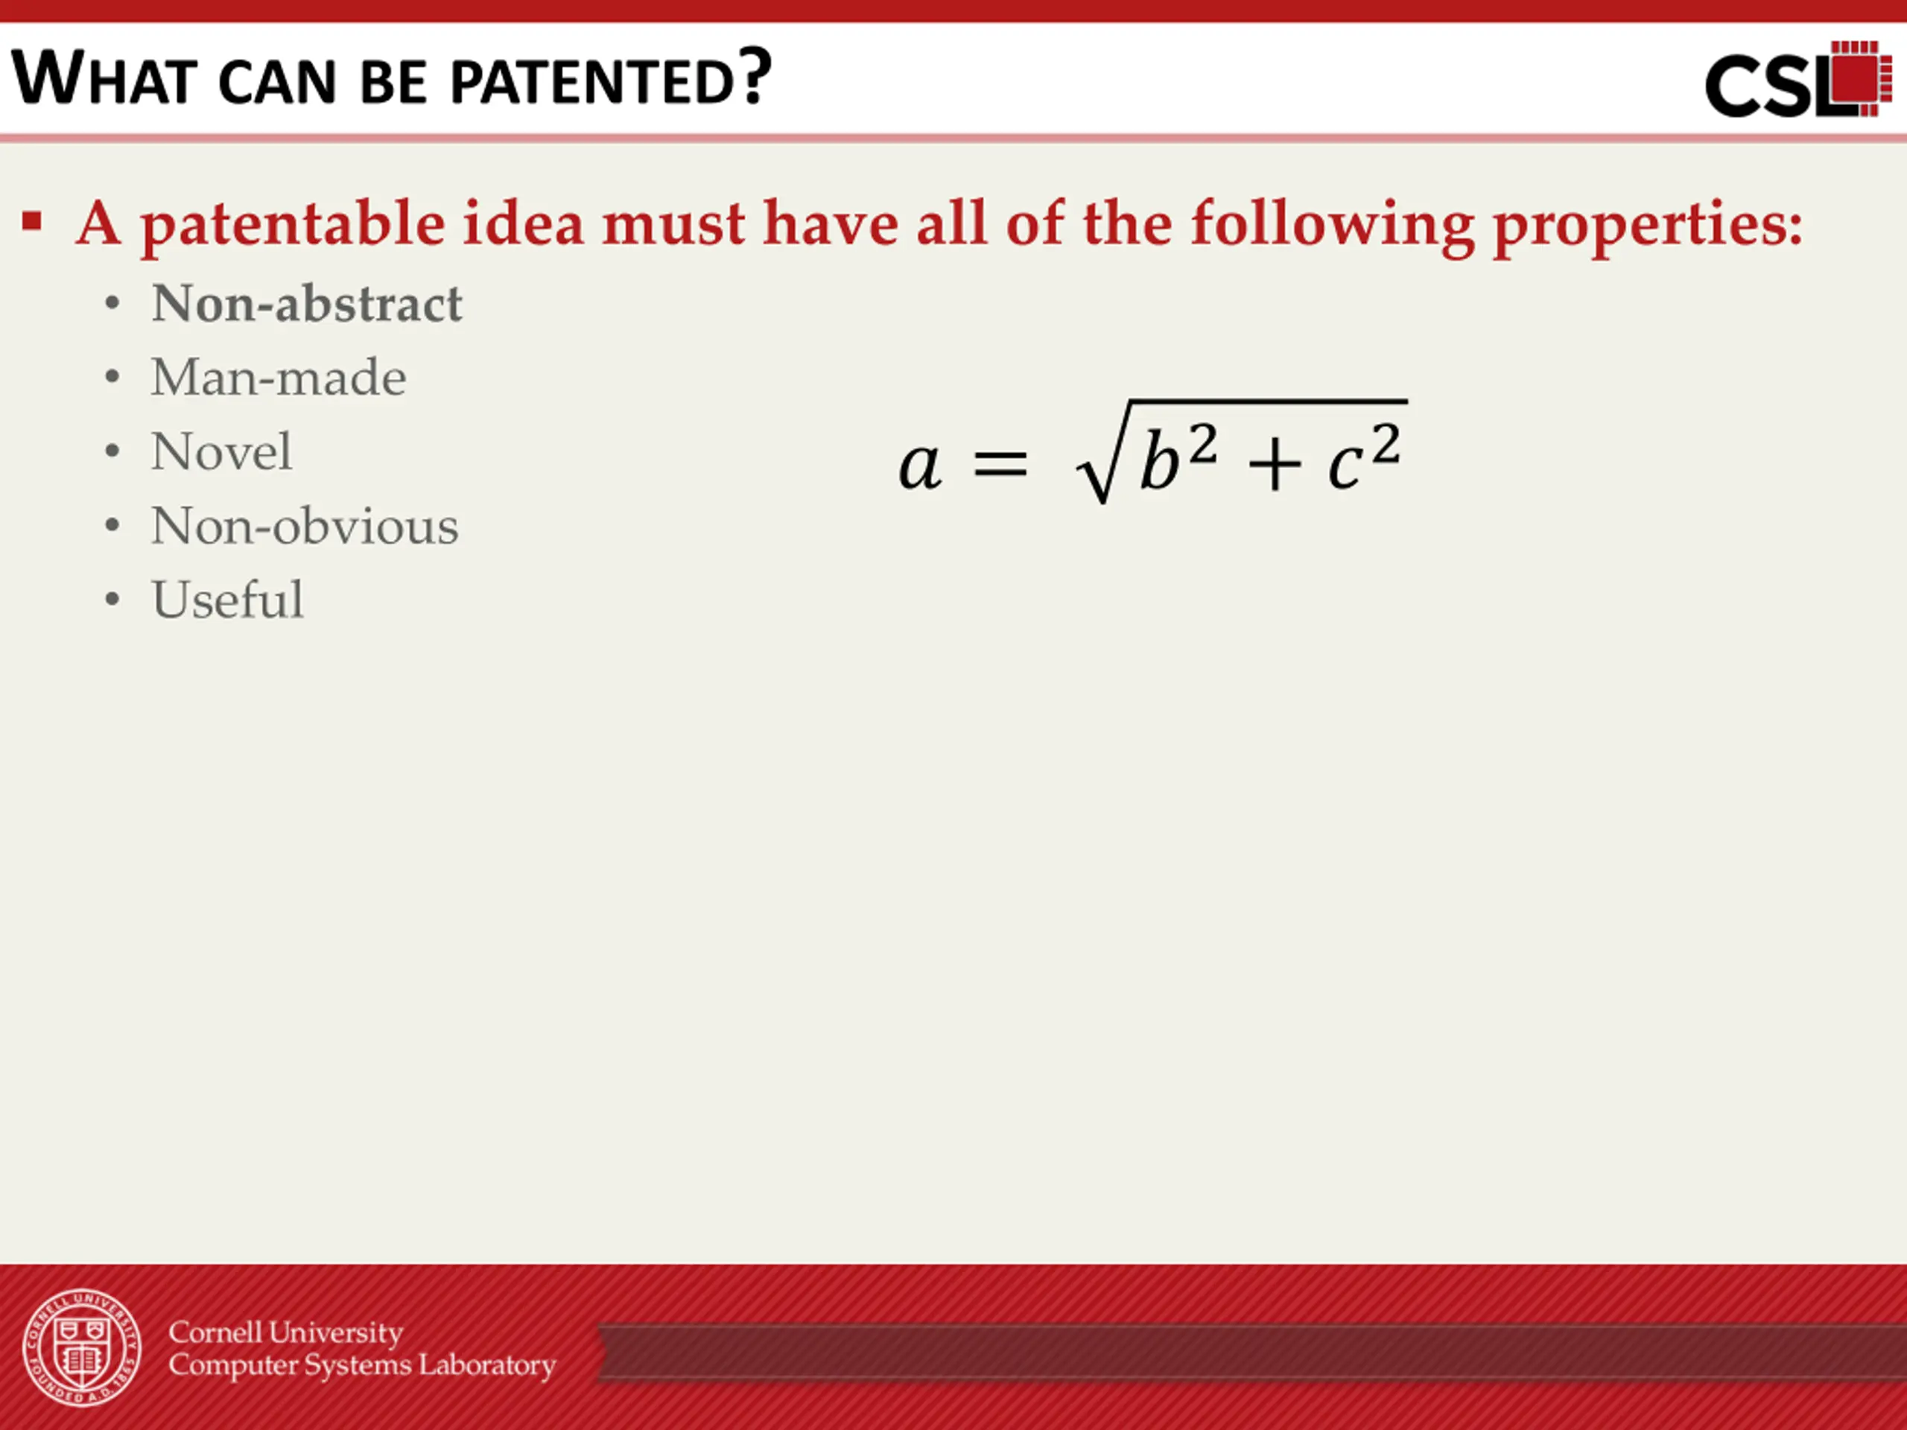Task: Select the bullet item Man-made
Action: [279, 378]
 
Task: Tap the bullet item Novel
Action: [221, 451]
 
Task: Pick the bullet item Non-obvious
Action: [305, 526]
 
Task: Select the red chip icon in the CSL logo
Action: [1859, 77]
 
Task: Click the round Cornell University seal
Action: [82, 1348]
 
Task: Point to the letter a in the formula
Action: [920, 466]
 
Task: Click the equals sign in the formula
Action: [1001, 465]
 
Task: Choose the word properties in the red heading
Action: [1648, 226]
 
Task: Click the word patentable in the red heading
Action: [293, 224]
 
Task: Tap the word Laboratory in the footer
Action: [487, 1366]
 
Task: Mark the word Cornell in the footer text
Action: [215, 1332]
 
